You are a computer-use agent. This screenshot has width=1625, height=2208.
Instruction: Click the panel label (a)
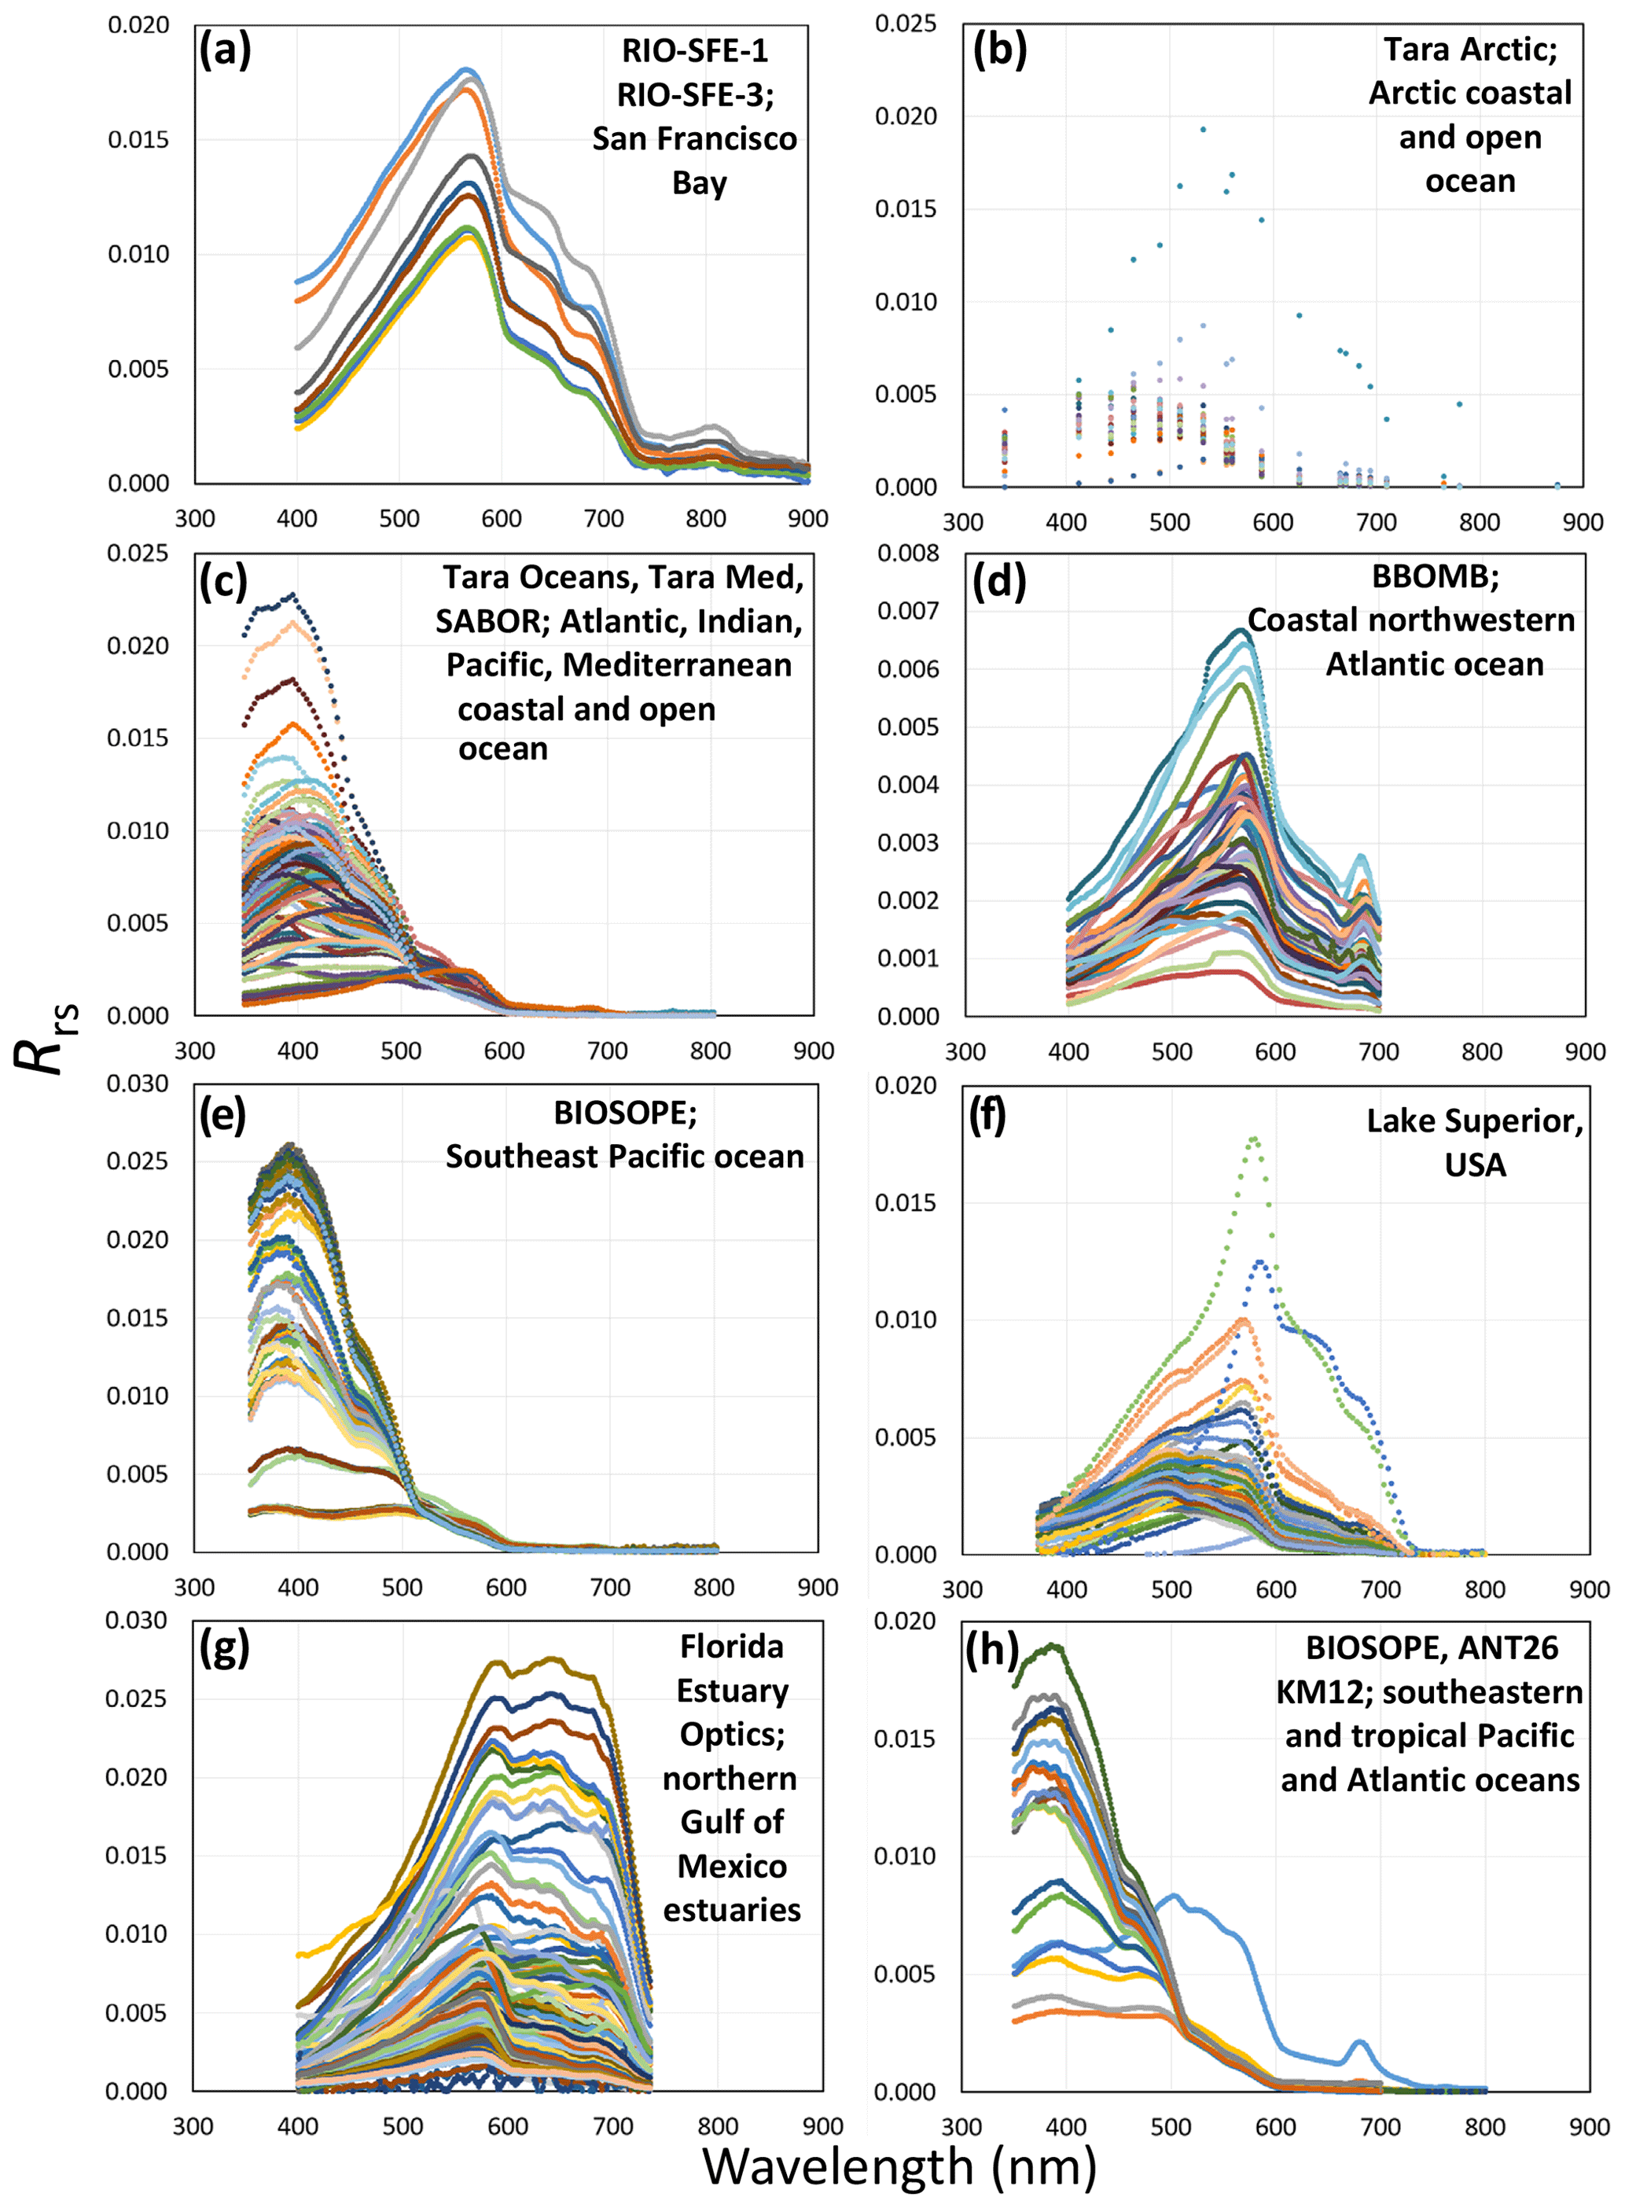(x=226, y=50)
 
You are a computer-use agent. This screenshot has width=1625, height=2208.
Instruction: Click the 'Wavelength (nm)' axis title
(x=899, y=2165)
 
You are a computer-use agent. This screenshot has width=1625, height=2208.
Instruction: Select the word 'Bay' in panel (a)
(x=700, y=183)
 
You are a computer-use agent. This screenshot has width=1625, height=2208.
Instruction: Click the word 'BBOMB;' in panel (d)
(x=1436, y=576)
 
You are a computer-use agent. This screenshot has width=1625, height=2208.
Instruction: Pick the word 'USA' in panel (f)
(x=1476, y=1165)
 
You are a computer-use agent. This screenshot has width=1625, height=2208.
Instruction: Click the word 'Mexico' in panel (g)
(x=732, y=1866)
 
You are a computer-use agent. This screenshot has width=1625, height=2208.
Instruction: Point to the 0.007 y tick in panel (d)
(x=908, y=611)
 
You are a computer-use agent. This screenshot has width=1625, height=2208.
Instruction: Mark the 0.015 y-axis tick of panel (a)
(x=138, y=140)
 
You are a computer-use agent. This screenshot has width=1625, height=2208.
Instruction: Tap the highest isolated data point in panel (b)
(x=1202, y=129)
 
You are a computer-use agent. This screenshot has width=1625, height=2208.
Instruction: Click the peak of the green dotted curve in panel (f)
(x=1254, y=1139)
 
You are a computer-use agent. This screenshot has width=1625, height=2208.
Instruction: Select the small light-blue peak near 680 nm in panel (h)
(x=1359, y=2042)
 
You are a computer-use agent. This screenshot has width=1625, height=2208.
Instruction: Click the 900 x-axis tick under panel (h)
(x=1589, y=2126)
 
